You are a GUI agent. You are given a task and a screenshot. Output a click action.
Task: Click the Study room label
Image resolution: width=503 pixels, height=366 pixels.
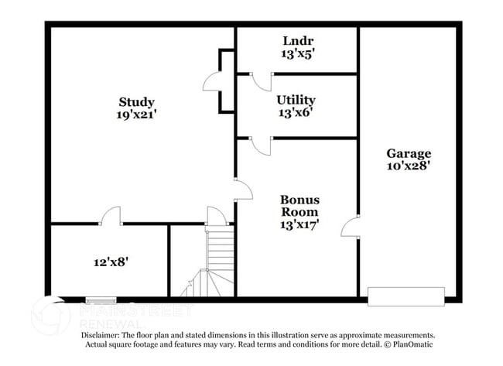coord(136,102)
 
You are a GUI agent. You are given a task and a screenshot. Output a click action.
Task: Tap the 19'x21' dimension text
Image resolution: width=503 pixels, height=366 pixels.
coord(136,115)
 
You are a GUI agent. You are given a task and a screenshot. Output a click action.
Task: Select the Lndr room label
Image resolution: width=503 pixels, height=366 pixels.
coord(297,41)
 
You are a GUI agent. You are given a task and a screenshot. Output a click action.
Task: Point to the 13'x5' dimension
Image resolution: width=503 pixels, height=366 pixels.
coord(297,53)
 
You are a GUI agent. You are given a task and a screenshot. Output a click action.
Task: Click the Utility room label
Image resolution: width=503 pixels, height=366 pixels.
coord(296,100)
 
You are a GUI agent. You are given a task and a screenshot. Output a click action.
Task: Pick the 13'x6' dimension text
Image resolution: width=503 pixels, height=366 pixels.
coord(296,112)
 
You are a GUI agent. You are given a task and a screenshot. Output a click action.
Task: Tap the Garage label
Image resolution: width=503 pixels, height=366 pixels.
coord(408,153)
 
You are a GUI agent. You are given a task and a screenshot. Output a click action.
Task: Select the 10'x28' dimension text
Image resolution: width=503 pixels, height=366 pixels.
coord(408,165)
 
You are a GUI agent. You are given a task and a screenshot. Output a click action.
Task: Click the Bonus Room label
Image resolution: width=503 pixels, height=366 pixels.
coord(299,206)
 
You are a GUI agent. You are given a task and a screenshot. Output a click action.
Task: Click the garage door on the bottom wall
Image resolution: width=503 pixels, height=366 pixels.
coord(406,296)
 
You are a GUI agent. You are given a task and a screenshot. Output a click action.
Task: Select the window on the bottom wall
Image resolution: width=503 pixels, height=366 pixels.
coord(101,300)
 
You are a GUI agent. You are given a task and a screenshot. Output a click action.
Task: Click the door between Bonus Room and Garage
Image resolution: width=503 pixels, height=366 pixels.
coord(350,226)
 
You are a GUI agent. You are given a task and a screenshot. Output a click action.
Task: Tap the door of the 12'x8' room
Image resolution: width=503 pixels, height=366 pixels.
coord(111,217)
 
